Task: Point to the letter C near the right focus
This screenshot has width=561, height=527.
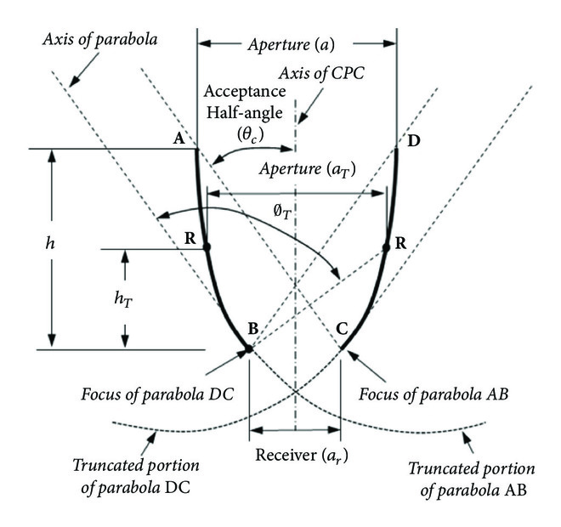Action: click(x=342, y=329)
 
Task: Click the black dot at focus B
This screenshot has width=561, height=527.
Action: click(x=249, y=348)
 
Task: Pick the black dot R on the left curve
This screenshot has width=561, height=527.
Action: click(x=207, y=247)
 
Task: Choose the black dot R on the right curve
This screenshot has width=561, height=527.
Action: click(x=387, y=247)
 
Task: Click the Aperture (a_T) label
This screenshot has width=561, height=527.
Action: click(x=297, y=171)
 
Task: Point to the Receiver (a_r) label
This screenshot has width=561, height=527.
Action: click(x=294, y=455)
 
